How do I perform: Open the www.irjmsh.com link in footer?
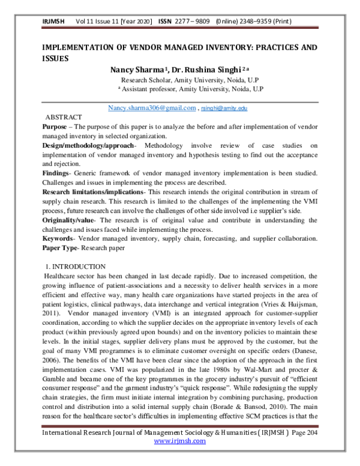180,457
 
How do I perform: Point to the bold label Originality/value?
64,219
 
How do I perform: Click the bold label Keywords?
58,238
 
